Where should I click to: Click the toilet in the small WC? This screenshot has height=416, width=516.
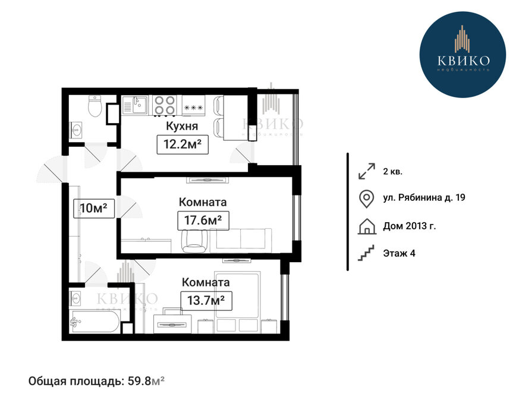[95, 106]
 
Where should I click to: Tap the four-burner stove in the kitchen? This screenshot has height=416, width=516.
[165, 105]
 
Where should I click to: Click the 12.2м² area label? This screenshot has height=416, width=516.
[183, 144]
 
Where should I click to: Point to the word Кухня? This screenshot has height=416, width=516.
[182, 126]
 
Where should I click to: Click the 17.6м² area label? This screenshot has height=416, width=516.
[203, 220]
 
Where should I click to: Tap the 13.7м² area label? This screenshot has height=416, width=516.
[206, 301]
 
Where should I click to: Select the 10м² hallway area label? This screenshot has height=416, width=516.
[94, 208]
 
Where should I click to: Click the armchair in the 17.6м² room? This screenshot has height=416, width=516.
[195, 241]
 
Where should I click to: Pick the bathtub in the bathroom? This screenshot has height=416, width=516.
[95, 321]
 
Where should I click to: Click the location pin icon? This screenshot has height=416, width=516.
[366, 199]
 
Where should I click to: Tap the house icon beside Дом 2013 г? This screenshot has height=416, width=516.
[367, 226]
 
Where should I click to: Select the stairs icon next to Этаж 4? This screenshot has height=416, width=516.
[366, 253]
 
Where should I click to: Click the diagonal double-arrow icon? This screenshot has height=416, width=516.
[367, 171]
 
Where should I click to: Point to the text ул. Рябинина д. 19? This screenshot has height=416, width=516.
[424, 198]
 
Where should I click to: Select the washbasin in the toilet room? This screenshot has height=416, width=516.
[76, 130]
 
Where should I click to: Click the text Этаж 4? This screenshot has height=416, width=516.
[399, 253]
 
